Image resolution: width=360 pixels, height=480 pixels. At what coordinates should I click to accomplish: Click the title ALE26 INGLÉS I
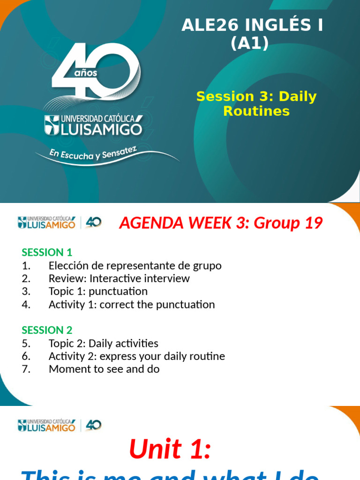[x=252, y=26]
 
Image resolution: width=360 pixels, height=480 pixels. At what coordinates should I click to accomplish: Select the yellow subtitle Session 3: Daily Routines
[x=256, y=104]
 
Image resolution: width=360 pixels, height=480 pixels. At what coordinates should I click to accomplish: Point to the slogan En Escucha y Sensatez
[x=93, y=153]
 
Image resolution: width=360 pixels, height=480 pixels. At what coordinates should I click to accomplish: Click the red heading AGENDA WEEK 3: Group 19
[x=221, y=223]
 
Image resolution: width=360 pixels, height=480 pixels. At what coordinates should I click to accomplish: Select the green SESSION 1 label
[x=47, y=252]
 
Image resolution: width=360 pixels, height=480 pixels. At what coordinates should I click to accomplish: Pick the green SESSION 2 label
[x=47, y=330]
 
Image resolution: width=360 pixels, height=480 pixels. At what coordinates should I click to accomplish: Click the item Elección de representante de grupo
[x=135, y=266]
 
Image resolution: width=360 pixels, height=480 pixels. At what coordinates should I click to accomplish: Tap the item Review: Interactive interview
[x=119, y=278]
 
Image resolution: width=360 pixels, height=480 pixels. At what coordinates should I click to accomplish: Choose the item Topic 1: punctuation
[x=98, y=292]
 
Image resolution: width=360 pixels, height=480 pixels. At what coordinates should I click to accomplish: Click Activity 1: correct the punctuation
[x=132, y=305]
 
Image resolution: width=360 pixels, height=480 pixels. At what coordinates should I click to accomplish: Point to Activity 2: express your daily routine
[x=137, y=356]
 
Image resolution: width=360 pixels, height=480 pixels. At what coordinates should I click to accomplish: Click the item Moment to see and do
[x=104, y=369]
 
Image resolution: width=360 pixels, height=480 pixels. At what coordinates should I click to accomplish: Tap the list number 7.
[x=26, y=369]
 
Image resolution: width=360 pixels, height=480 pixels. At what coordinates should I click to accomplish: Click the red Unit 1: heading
[x=170, y=449]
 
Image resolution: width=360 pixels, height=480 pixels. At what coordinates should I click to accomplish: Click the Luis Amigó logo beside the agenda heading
[x=60, y=222]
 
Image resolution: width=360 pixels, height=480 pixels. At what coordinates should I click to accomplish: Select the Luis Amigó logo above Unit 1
[x=60, y=425]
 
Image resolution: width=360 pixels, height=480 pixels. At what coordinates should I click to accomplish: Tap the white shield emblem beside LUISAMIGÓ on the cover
[x=52, y=125]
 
